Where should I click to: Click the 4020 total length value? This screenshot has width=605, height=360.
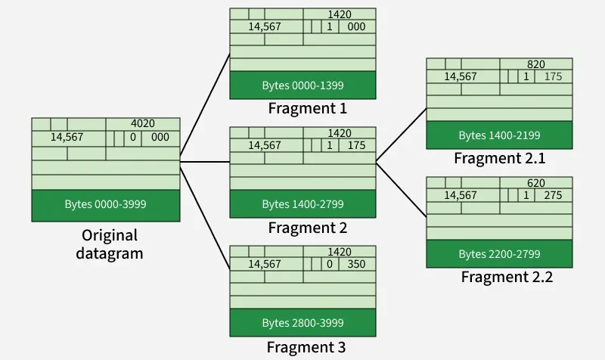pyautogui.click(x=143, y=124)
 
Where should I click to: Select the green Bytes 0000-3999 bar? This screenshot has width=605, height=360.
pyautogui.click(x=106, y=205)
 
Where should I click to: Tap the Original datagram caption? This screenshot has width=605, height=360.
pyautogui.click(x=110, y=244)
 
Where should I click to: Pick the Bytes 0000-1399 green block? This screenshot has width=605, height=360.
pyautogui.click(x=302, y=85)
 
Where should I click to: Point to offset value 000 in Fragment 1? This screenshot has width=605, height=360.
pyautogui.click(x=356, y=26)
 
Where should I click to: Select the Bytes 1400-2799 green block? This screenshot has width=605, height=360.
pyautogui.click(x=302, y=204)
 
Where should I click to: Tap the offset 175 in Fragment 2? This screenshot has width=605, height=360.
pyautogui.click(x=356, y=145)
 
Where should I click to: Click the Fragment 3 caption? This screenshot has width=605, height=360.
pyautogui.click(x=306, y=347)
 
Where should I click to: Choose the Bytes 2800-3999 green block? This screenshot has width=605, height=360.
pyautogui.click(x=302, y=323)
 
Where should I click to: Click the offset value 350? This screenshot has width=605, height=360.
pyautogui.click(x=356, y=264)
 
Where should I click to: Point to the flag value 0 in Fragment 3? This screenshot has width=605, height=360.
pyautogui.click(x=330, y=264)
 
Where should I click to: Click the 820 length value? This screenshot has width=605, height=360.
pyautogui.click(x=535, y=65)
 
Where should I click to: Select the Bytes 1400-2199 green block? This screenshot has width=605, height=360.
pyautogui.click(x=499, y=135)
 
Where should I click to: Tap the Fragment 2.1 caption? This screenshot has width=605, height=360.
pyautogui.click(x=499, y=158)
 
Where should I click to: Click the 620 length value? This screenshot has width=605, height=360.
pyautogui.click(x=535, y=184)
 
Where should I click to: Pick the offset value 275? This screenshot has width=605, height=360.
pyautogui.click(x=553, y=195)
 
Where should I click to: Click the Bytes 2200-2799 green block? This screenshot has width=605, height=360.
pyautogui.click(x=499, y=253)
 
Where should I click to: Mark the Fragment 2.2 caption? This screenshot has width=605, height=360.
pyautogui.click(x=507, y=277)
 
